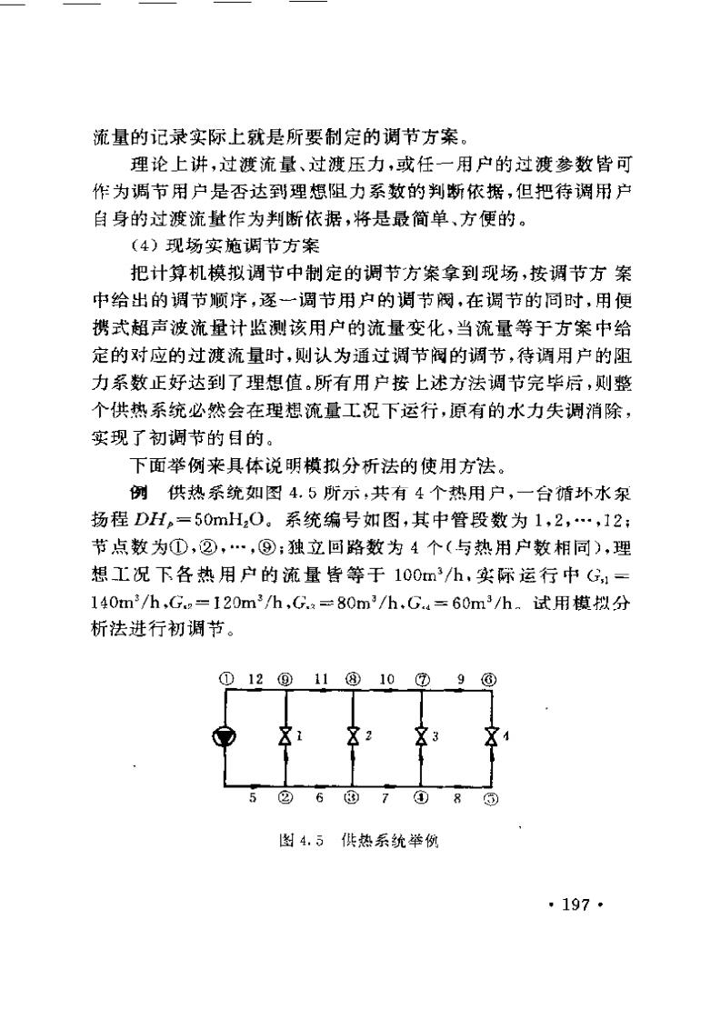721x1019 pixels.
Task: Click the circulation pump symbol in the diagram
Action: tap(224, 737)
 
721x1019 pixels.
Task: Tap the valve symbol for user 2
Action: tap(353, 737)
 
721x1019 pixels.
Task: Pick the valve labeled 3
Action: tap(421, 737)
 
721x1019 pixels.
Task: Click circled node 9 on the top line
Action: tap(286, 679)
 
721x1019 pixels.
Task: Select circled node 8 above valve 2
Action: tap(353, 679)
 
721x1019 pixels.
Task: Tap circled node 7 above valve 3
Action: tap(421, 679)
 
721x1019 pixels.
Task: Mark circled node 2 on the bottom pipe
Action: tap(286, 798)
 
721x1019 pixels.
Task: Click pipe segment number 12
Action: tap(255, 678)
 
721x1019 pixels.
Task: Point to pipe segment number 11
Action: tap(320, 678)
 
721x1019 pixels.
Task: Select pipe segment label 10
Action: tap(386, 678)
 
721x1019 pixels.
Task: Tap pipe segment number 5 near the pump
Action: tap(254, 798)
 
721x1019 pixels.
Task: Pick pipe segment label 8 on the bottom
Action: tap(456, 798)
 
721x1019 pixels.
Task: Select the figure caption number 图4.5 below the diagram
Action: tap(300, 842)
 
